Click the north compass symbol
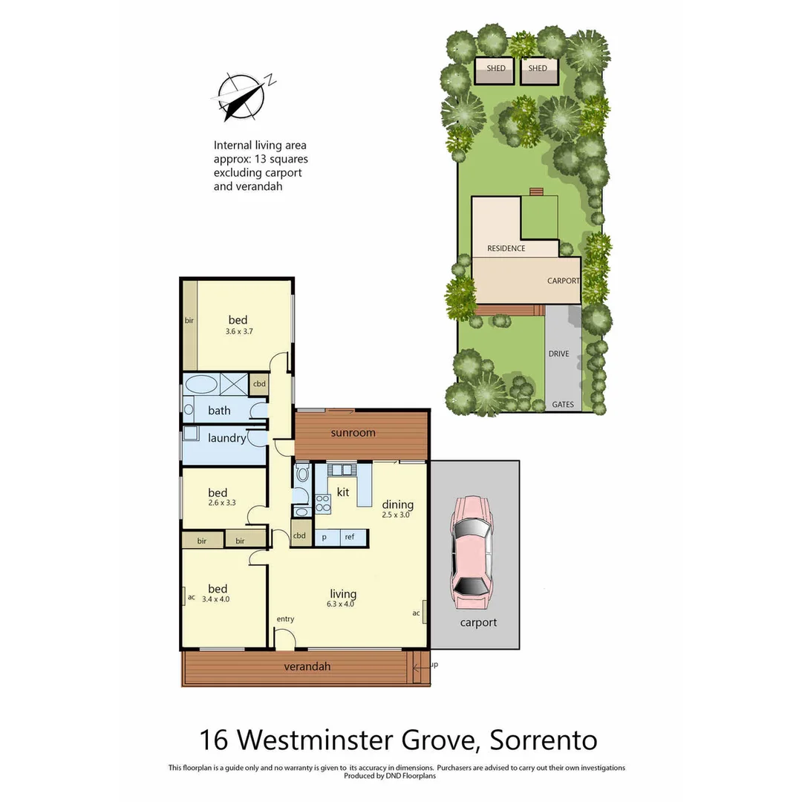tap(241, 97)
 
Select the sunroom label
tap(353, 433)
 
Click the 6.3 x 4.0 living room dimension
tap(343, 604)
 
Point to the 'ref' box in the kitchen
tap(350, 537)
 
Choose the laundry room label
tap(226, 438)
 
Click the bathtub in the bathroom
tap(200, 385)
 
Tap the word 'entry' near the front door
tap(285, 619)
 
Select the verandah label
tap(307, 667)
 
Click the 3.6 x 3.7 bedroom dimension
tap(239, 332)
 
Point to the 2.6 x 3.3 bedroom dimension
tap(221, 503)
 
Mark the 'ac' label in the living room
tap(416, 613)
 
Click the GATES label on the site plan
tap(562, 405)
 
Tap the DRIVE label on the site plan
tap(558, 353)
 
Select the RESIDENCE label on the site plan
tap(506, 249)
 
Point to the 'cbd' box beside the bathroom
tap(259, 384)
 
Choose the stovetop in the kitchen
tap(323, 503)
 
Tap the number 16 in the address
tap(214, 740)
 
